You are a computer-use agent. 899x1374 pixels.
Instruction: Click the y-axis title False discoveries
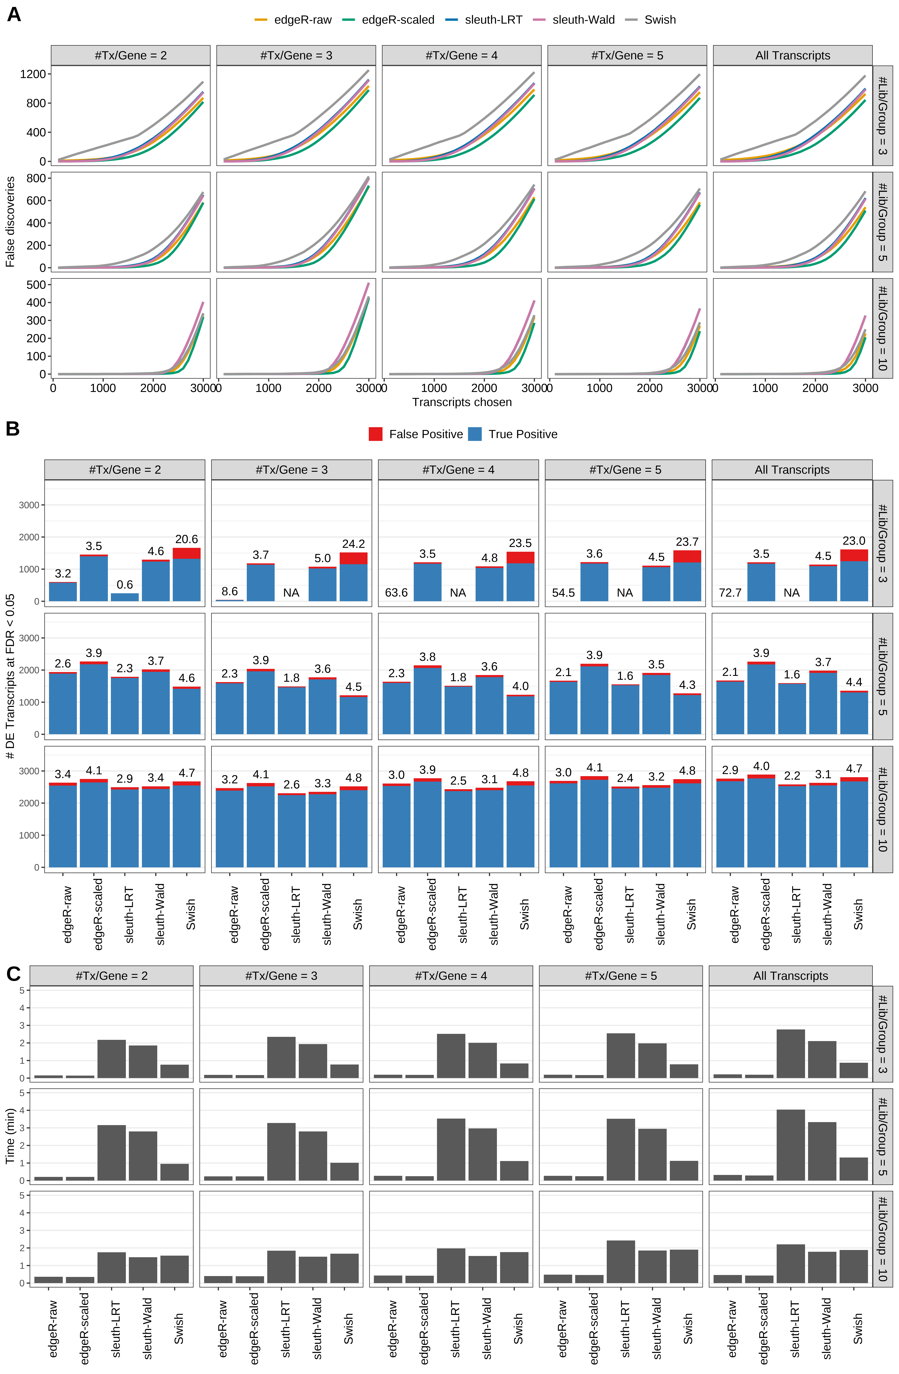pyautogui.click(x=10, y=222)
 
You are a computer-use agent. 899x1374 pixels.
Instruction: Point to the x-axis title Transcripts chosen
pyautogui.click(x=462, y=402)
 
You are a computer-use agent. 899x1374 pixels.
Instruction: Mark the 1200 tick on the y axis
pyautogui.click(x=32, y=74)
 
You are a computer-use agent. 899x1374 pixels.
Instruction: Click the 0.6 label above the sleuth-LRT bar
pyautogui.click(x=125, y=585)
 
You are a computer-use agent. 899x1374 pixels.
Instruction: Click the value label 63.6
pyautogui.click(x=396, y=593)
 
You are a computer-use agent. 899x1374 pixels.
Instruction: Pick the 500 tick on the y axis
pyautogui.click(x=36, y=285)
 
